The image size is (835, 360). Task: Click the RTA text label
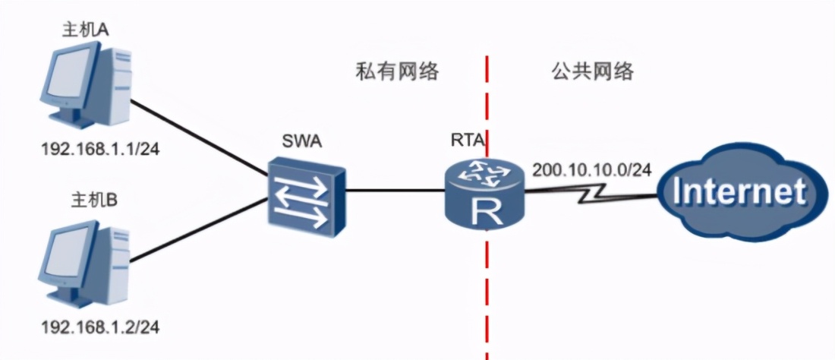[466, 141]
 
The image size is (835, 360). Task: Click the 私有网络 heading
[398, 72]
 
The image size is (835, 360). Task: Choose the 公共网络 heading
[592, 72]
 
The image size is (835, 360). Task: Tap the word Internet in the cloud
[740, 192]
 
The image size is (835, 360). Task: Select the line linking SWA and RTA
[395, 190]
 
